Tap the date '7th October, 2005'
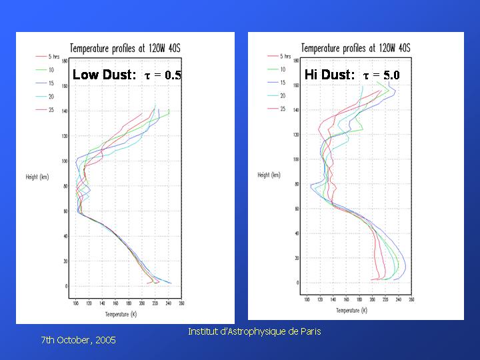(x=78, y=340)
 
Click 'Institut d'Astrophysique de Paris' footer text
(x=254, y=331)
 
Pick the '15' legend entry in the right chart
(x=283, y=83)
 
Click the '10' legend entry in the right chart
(x=283, y=69)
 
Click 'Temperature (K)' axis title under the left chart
(x=121, y=314)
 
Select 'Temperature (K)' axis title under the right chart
(x=352, y=311)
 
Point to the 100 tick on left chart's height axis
(x=65, y=161)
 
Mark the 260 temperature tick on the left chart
(x=181, y=303)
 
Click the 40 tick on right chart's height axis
(x=295, y=233)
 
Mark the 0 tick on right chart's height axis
(x=297, y=283)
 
